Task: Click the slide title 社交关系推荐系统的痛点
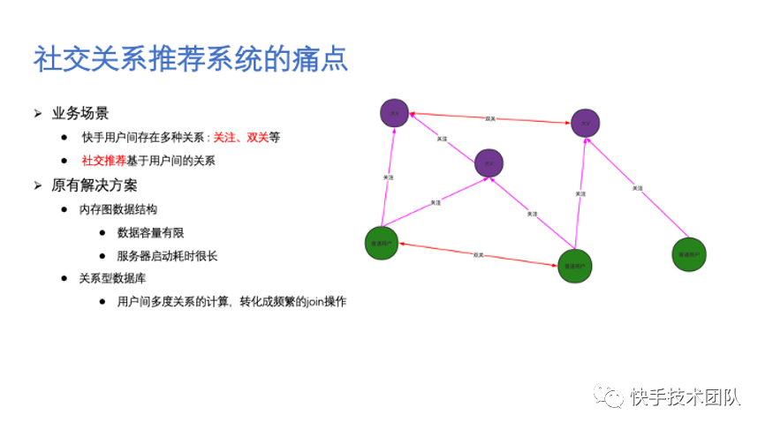190,59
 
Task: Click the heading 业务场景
80,113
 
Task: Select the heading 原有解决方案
95,185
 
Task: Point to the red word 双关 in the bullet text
257,138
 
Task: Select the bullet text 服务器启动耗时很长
167,257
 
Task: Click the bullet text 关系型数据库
116,278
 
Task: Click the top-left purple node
394,112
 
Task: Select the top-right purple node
586,123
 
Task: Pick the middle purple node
489,162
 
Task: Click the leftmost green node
382,244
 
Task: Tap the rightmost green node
688,253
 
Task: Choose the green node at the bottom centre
574,265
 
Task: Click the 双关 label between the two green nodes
478,254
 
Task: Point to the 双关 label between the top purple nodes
490,117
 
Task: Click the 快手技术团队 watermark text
685,397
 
